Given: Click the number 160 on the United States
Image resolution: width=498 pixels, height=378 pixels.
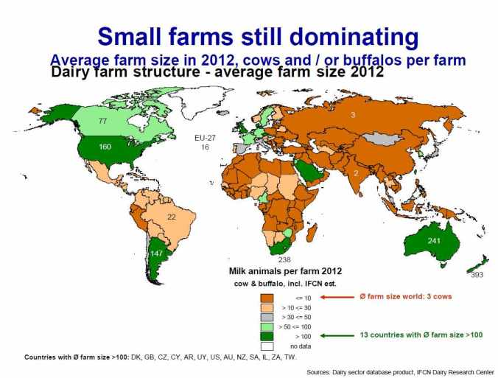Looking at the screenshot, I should (x=105, y=147).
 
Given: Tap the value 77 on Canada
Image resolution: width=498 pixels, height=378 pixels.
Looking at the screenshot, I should (x=104, y=120).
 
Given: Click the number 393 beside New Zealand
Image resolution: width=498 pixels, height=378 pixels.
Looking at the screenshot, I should (x=479, y=274).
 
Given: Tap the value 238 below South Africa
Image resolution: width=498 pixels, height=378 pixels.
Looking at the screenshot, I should (x=284, y=260).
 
